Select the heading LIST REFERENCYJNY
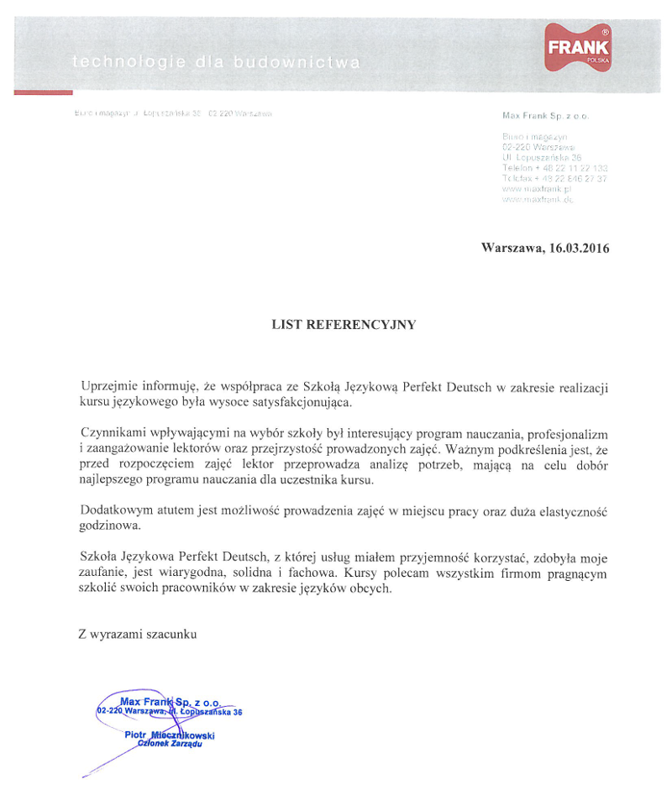(344, 324)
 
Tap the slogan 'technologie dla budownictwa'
(217, 61)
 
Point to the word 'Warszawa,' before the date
(512, 248)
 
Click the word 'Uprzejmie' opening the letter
(108, 386)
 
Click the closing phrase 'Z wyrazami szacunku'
(137, 635)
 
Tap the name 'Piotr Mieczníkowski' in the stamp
(169, 735)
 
